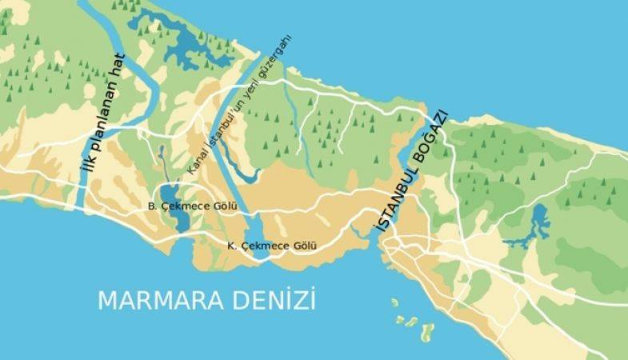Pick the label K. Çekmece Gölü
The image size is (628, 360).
click(272, 246)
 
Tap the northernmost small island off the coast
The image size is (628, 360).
click(394, 303)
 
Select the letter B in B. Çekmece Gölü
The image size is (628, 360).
click(150, 206)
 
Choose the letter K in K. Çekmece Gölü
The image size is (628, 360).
click(230, 246)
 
